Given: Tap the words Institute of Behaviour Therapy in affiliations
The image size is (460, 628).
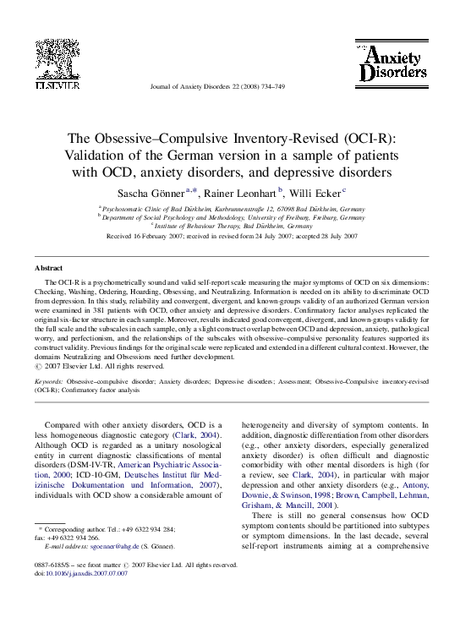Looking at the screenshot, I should [196, 226].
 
